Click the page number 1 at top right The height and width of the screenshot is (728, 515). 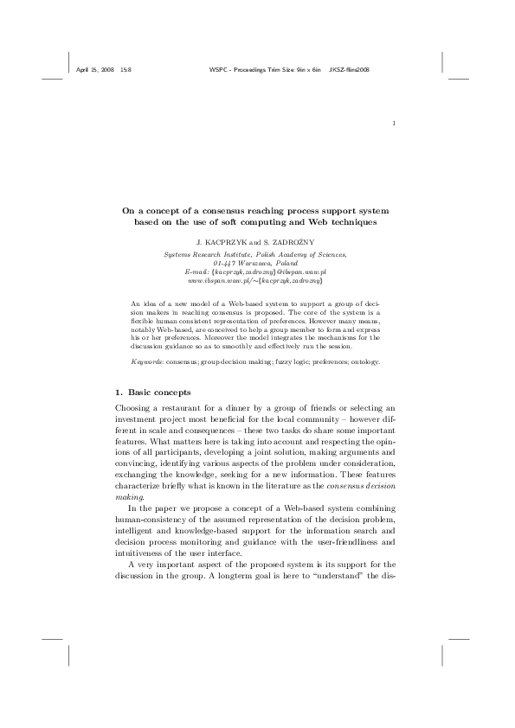394,122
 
